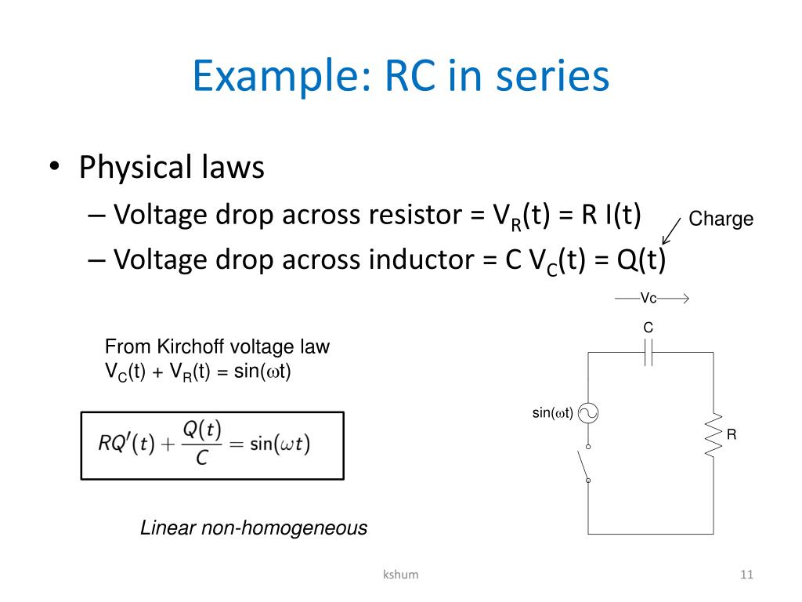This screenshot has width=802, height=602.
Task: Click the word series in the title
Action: (x=558, y=78)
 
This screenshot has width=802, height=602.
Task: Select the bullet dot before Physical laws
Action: (x=54, y=168)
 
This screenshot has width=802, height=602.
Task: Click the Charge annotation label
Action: (x=721, y=219)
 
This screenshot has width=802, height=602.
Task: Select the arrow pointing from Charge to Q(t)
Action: (x=670, y=233)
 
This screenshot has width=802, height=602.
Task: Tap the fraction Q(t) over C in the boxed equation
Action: (x=202, y=444)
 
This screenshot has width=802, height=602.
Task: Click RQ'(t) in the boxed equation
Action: (x=126, y=444)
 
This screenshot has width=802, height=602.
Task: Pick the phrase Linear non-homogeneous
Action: (x=254, y=528)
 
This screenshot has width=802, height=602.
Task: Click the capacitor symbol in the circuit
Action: (x=648, y=353)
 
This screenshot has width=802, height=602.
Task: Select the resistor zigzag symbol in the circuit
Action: (x=713, y=435)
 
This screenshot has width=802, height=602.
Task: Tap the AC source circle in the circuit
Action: (x=587, y=413)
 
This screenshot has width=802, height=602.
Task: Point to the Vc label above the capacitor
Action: (x=648, y=299)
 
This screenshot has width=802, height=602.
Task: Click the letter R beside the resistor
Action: (x=732, y=434)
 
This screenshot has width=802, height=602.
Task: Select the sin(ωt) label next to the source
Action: (x=553, y=413)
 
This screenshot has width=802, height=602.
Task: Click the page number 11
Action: (x=746, y=575)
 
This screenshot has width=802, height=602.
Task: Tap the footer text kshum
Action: (x=400, y=575)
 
